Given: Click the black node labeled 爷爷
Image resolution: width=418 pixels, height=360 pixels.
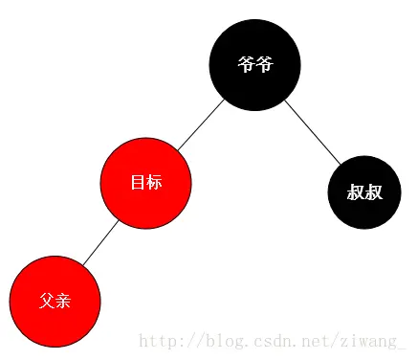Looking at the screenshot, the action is pos(254,64).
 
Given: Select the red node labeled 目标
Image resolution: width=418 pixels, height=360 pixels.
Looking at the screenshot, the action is pos(145,183).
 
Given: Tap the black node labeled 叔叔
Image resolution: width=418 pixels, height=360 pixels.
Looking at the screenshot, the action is pos(364,192).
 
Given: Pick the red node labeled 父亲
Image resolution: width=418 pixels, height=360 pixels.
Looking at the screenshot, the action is pos(55,301).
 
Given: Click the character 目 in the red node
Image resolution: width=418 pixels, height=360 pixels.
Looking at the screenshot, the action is pos(138,183).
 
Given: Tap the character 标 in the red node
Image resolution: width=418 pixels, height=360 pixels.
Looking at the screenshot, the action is pos(153,183).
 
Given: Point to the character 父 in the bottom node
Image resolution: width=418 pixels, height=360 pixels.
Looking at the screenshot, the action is pos(47,301).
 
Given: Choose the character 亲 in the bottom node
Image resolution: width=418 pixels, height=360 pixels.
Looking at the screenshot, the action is pos(62,301).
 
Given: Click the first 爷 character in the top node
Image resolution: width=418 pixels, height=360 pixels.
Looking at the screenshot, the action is pos(246,64).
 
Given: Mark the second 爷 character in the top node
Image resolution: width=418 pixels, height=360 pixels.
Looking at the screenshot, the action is pos(263,64).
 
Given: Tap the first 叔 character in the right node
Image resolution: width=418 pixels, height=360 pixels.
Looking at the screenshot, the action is pos(356,192).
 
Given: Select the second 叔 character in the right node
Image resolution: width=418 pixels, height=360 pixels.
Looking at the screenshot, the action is pos(374,192).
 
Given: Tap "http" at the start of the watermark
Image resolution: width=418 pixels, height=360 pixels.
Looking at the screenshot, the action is pos(157,340).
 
